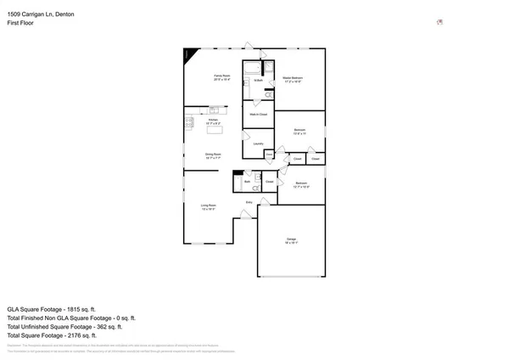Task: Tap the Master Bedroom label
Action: [293, 78]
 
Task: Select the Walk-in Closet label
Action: [258, 114]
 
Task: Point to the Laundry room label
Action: [258, 143]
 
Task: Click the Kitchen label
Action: [213, 121]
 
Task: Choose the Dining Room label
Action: [212, 155]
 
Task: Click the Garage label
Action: [292, 241]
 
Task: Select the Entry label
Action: [249, 202]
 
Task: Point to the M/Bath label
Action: [256, 81]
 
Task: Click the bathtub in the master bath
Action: [253, 67]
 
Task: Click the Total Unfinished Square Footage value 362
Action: [110, 326]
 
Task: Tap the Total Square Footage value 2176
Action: [89, 335]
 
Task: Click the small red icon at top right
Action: [439, 23]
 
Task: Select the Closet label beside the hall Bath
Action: [269, 182]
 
